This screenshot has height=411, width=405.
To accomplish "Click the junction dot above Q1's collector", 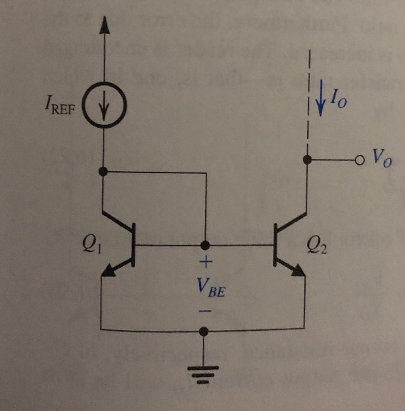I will (x=104, y=172).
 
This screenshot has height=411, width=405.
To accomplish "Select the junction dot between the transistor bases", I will (x=205, y=245).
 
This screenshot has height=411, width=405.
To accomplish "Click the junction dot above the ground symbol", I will (x=204, y=331).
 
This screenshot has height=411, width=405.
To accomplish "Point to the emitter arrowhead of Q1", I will (x=112, y=270).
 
